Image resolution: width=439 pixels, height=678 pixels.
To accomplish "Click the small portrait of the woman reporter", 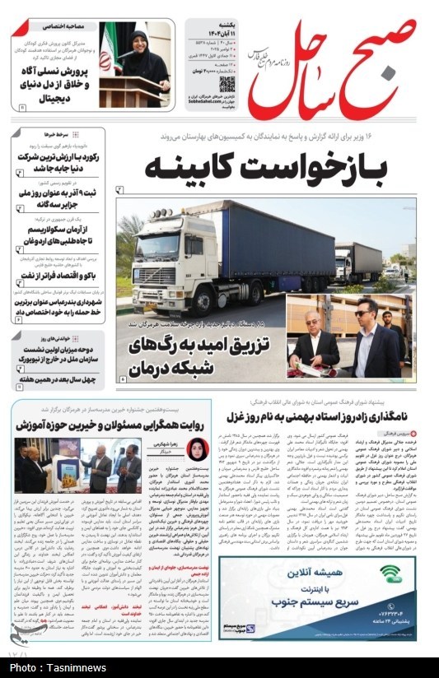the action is coord(197,448).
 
